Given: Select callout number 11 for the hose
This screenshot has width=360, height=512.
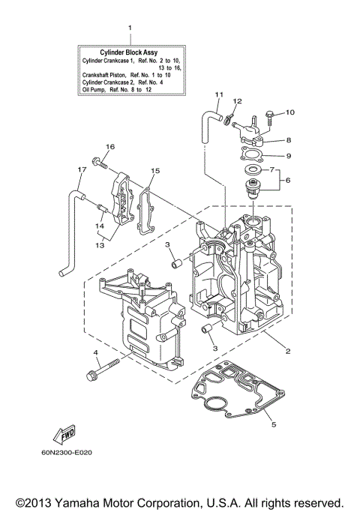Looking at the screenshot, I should (219, 94).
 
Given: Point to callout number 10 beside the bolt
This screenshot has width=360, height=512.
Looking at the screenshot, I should (291, 112).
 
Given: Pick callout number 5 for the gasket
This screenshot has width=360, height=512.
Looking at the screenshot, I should (274, 424).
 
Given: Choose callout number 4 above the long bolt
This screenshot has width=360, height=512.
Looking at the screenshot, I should (95, 352).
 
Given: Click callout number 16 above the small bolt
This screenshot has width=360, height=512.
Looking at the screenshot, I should (109, 146).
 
